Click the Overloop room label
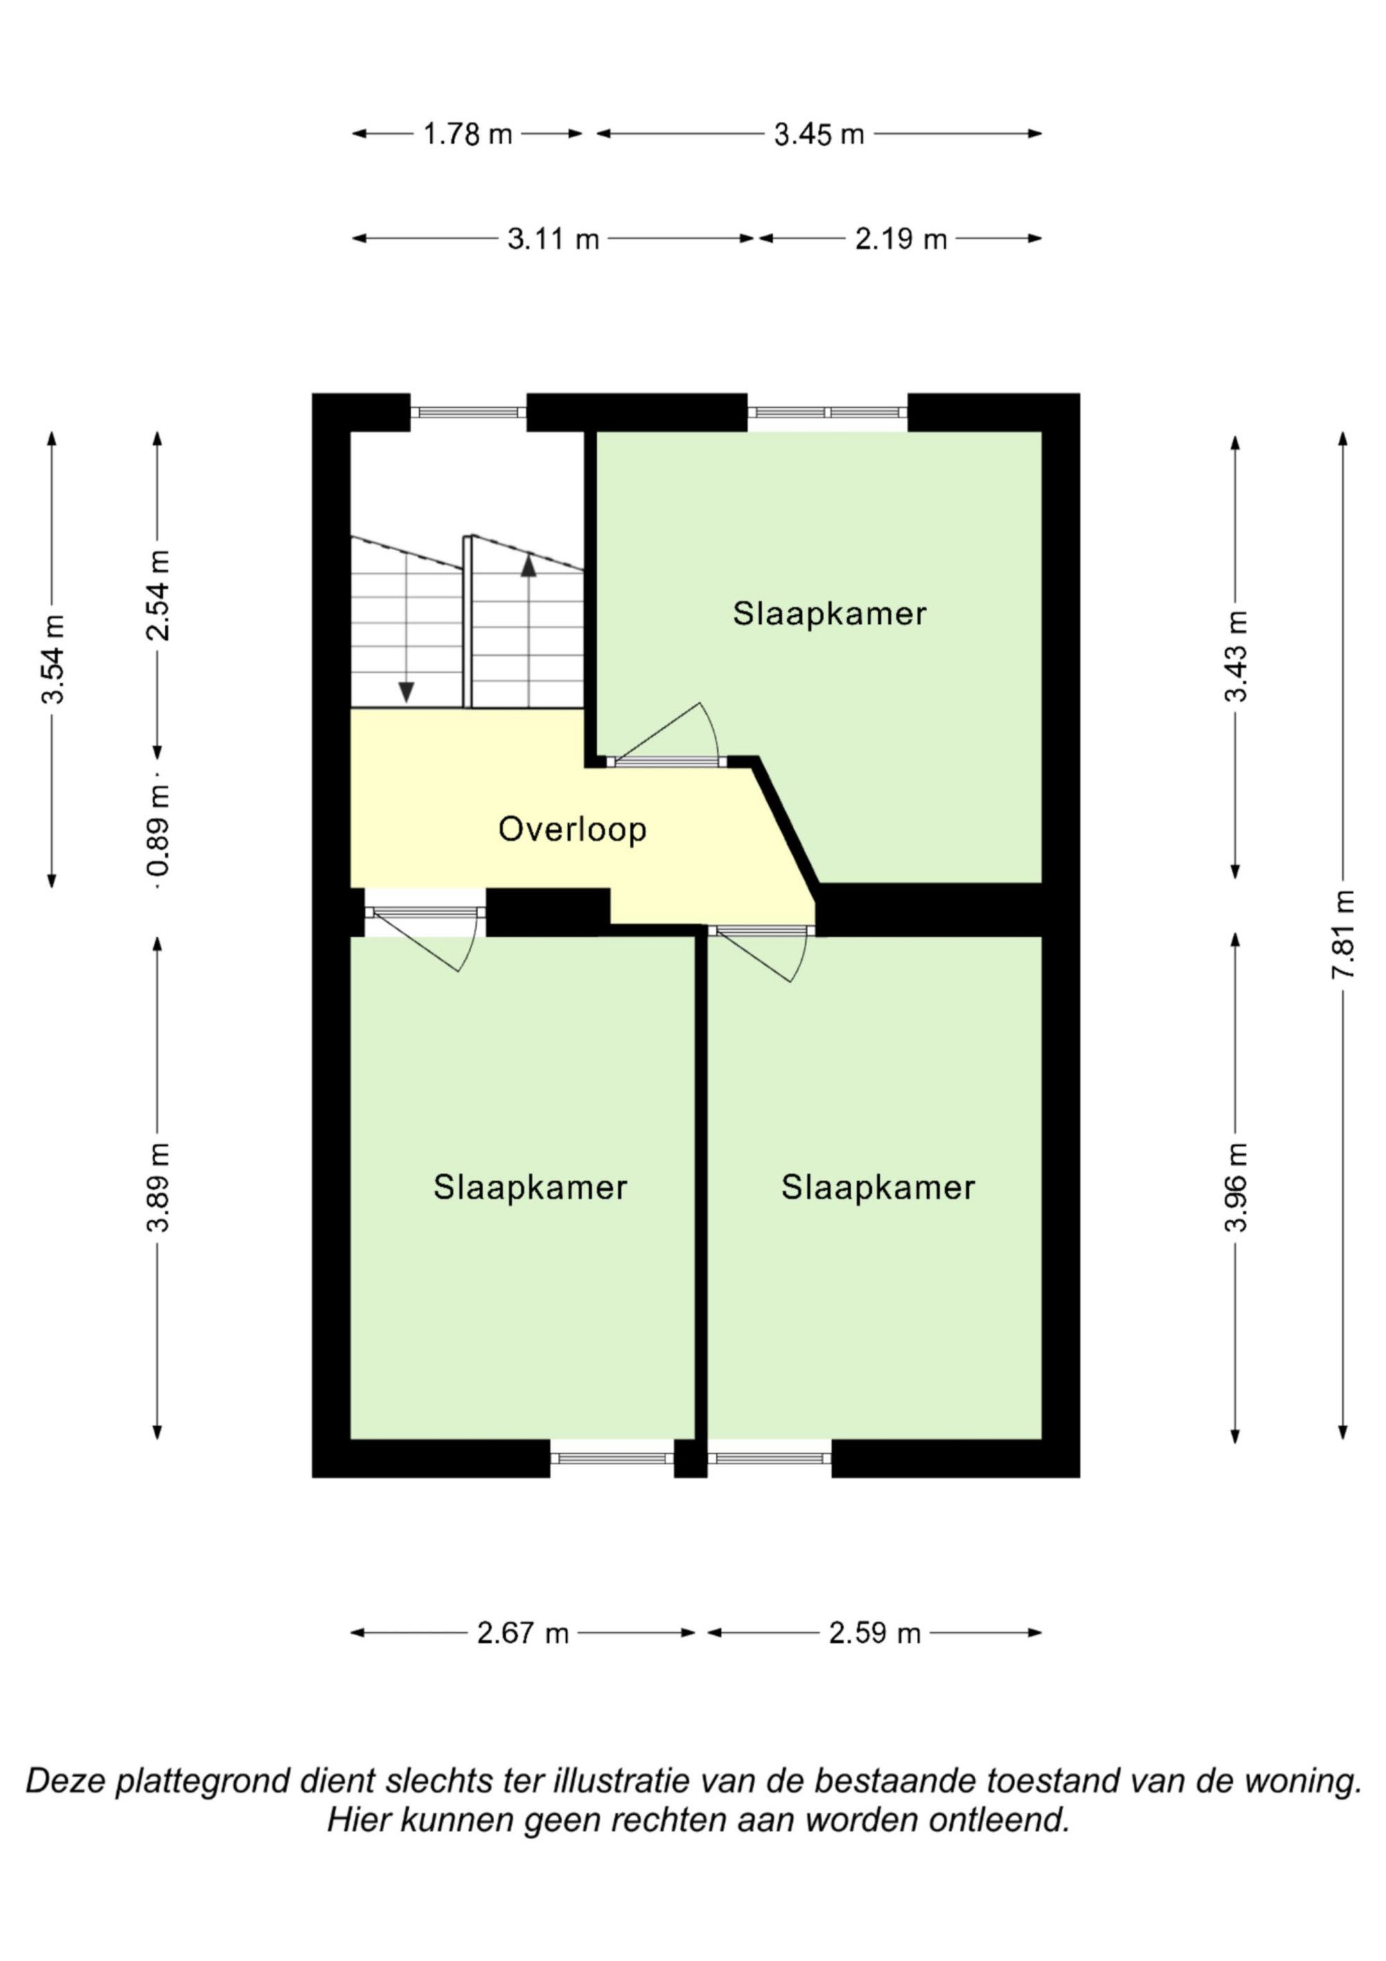(x=572, y=829)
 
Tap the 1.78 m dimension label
(x=467, y=134)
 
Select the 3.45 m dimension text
(x=819, y=134)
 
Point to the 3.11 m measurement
(x=554, y=239)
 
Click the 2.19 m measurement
(x=901, y=239)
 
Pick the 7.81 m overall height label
(x=1343, y=934)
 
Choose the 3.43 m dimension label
(x=1236, y=656)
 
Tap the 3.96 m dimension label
(x=1236, y=1187)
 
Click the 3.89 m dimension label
(x=158, y=1187)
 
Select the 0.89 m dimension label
(x=158, y=830)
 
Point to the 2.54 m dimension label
(x=158, y=595)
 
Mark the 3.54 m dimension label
(x=53, y=659)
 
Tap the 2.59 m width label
(x=875, y=1633)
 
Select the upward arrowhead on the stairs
(x=529, y=564)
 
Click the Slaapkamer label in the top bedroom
(x=830, y=613)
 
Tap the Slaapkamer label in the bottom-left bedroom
(x=530, y=1187)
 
